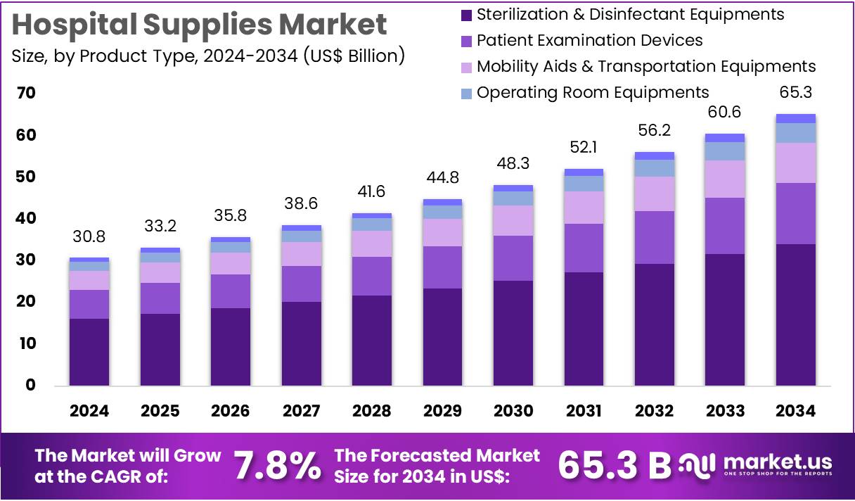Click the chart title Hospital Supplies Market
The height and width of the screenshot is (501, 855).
point(200,25)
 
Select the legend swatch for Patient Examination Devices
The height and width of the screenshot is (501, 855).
point(465,41)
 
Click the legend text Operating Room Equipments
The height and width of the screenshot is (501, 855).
point(592,92)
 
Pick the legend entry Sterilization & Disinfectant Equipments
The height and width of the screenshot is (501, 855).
point(630,14)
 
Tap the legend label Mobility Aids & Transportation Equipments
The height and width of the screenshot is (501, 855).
point(645,66)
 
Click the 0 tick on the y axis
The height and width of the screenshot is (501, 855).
point(31,385)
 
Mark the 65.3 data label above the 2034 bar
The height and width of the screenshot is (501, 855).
point(795,93)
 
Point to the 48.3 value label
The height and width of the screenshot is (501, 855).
point(513,163)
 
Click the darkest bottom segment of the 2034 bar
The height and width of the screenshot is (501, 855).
point(795,315)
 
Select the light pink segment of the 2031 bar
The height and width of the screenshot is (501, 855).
point(584,208)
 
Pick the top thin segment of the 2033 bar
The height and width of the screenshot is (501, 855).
point(725,138)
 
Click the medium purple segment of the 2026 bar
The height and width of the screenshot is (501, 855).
point(231,291)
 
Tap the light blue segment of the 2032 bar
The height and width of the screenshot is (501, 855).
point(655,168)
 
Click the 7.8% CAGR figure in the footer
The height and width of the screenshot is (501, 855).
point(276,466)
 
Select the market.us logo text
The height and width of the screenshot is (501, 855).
point(777,462)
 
